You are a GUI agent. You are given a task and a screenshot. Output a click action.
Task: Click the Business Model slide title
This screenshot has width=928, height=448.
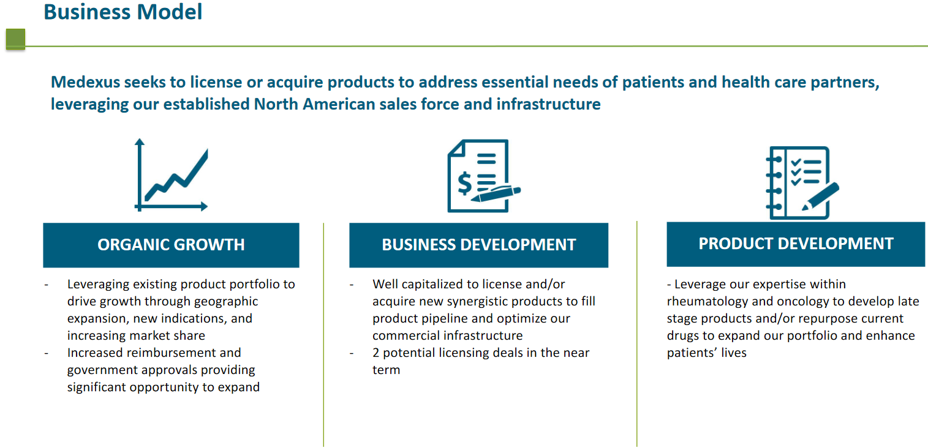coord(123,12)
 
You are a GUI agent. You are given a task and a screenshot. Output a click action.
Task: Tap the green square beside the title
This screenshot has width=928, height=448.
coord(16,39)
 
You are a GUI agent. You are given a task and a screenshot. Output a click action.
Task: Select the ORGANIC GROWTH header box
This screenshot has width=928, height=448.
coord(171,245)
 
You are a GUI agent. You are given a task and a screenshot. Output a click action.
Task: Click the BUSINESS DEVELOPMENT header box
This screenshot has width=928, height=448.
coord(478,245)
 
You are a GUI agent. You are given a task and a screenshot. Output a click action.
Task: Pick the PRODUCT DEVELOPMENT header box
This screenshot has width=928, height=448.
coord(796,244)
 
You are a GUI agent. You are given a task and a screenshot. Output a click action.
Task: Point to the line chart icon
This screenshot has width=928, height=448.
coord(171,174)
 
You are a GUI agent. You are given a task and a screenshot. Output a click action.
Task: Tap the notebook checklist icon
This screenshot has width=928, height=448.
coord(802,182)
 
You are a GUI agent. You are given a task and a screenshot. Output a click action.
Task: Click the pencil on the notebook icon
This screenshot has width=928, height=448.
coord(821,196)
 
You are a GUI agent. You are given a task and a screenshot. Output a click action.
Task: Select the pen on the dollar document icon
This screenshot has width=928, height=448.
coord(496,193)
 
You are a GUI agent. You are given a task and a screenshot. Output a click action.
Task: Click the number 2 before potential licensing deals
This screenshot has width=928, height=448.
coord(375,353)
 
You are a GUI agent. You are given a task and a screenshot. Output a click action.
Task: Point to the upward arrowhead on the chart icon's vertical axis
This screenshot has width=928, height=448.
coord(140,141)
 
